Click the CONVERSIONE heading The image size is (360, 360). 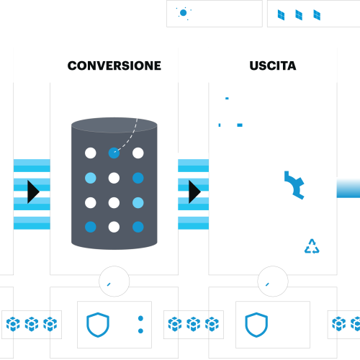[x=114, y=66]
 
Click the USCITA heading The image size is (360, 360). [x=272, y=66]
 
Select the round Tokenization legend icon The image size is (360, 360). [x=184, y=14]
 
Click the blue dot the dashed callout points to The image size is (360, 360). [x=113, y=153]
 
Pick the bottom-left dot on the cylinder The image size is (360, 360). [x=90, y=227]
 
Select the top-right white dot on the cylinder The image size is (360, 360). [x=138, y=153]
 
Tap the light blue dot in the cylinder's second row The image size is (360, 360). [x=90, y=178]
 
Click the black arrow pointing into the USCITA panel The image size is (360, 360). [x=194, y=192]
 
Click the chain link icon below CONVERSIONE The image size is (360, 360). [x=114, y=282]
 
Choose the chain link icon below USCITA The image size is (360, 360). [x=272, y=282]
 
